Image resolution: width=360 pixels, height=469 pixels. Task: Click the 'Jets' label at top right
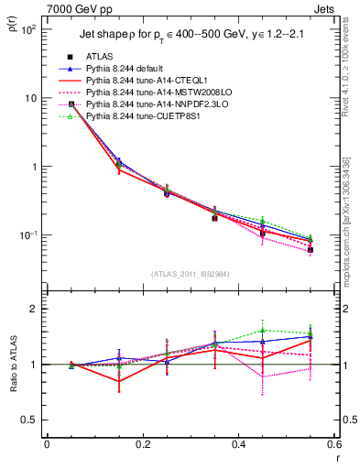(325, 8)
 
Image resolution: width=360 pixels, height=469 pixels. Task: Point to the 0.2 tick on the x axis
(142, 444)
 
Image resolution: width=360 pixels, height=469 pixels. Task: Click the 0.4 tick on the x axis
(239, 444)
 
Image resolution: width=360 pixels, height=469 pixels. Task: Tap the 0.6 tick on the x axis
(334, 444)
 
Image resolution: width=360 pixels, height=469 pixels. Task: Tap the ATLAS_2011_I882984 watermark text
(190, 274)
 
